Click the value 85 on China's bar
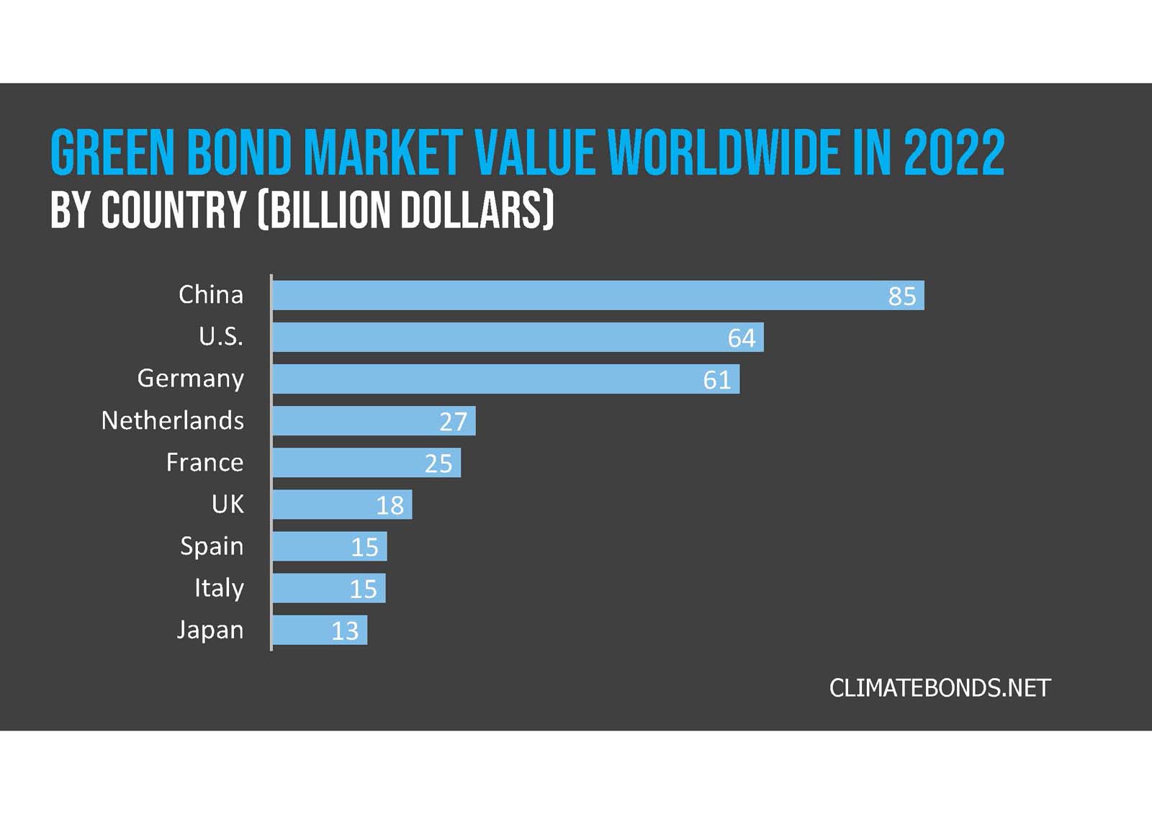[901, 297]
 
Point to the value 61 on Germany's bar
[716, 380]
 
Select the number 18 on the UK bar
[390, 505]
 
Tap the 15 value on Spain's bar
[364, 548]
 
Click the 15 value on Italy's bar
[363, 589]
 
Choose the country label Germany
[191, 379]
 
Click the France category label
[204, 462]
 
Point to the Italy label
[219, 588]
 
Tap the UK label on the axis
[228, 504]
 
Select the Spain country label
[212, 546]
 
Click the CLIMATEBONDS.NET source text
[940, 688]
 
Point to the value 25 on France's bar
[438, 463]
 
